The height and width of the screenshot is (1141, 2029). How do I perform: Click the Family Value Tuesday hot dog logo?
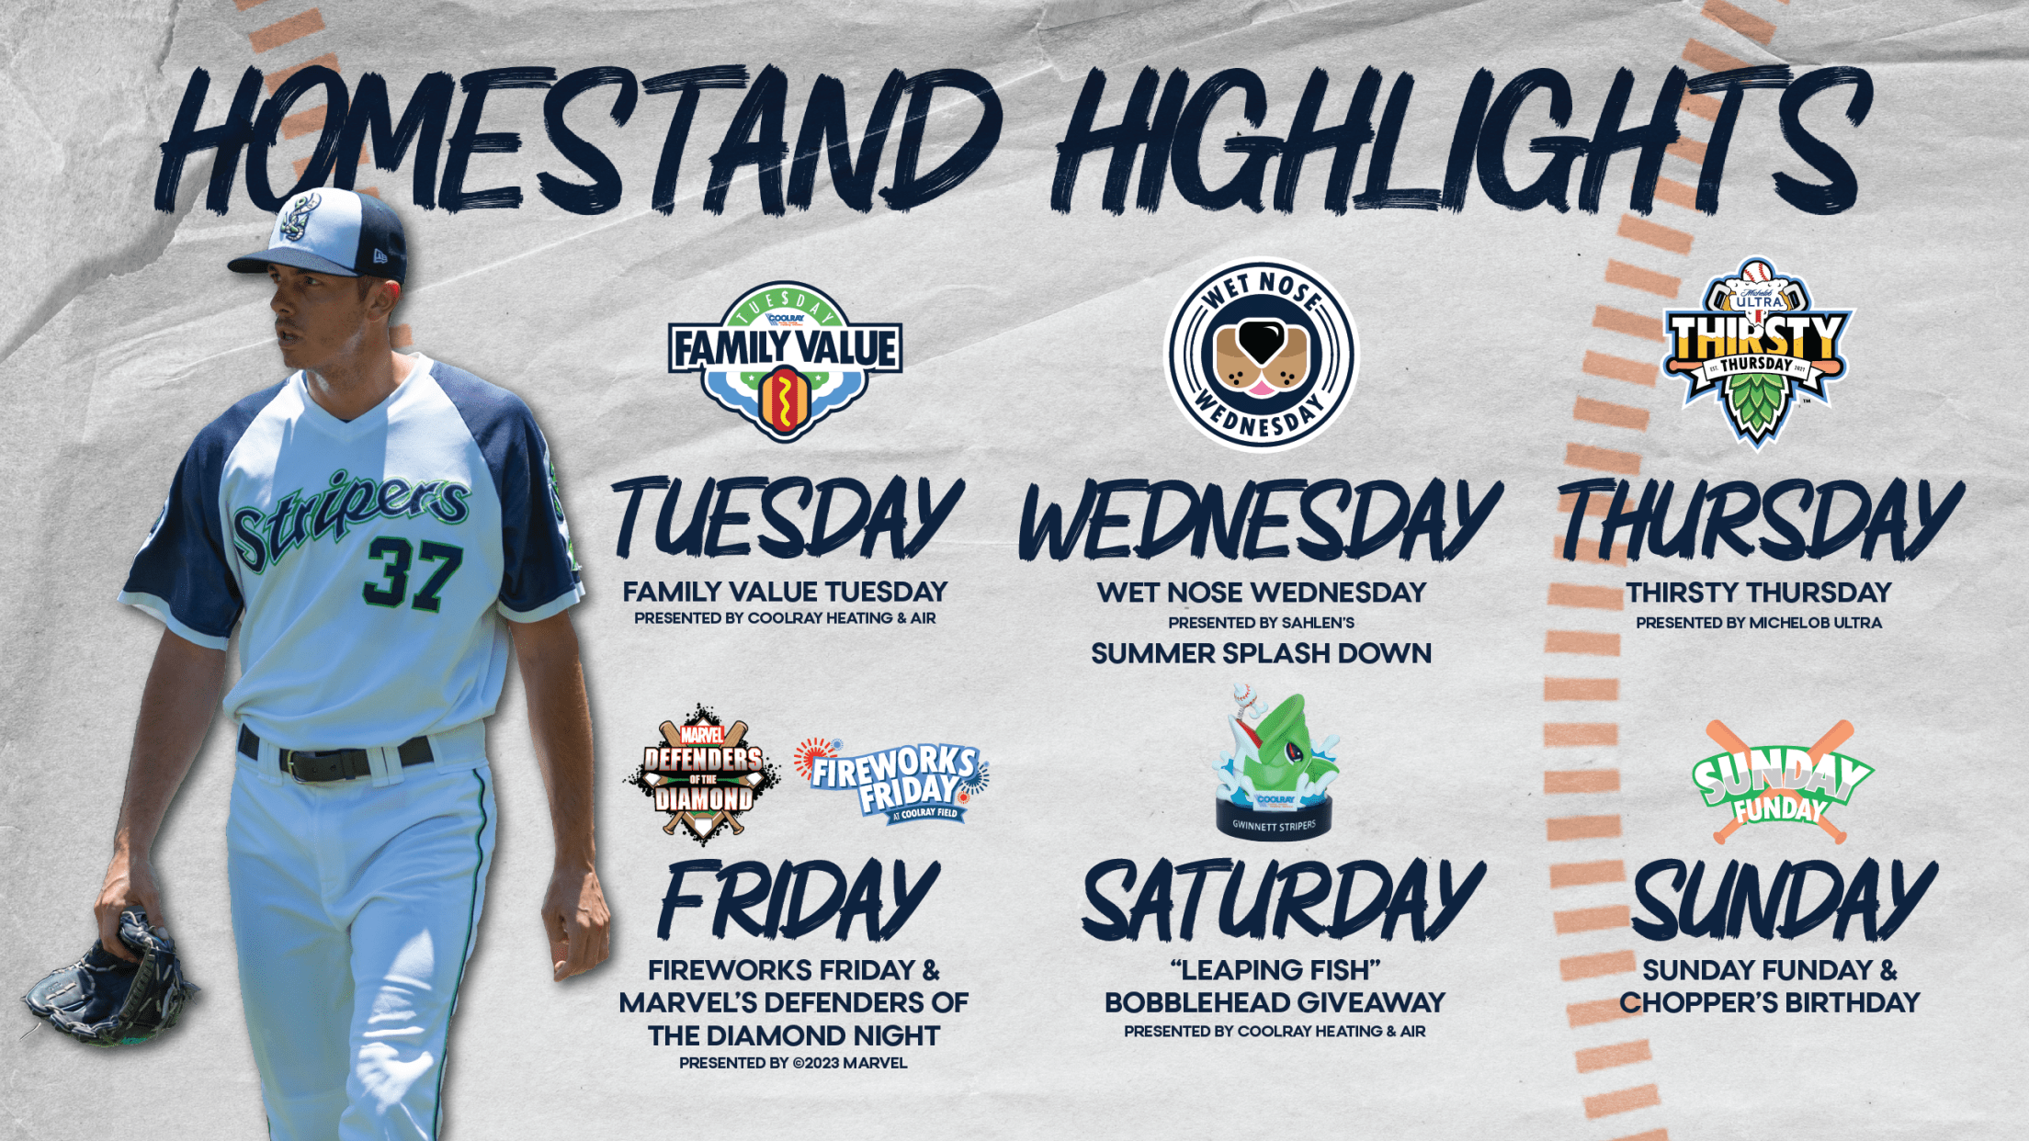tap(785, 361)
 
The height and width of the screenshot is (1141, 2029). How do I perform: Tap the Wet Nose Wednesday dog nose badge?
tap(1261, 354)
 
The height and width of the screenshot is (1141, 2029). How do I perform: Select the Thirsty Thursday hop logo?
tap(1757, 352)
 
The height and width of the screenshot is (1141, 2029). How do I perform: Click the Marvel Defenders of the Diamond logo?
tap(703, 774)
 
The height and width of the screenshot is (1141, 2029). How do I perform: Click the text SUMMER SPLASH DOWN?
tap(1261, 653)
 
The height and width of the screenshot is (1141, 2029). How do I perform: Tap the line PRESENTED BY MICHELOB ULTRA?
tap(1758, 622)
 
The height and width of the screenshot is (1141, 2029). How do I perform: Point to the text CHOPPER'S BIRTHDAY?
tap(1770, 1002)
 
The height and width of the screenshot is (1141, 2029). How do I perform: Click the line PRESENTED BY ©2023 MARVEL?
tap(793, 1063)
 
